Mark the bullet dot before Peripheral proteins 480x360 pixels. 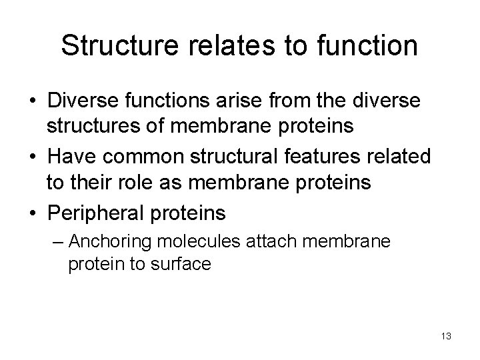[33, 213]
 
